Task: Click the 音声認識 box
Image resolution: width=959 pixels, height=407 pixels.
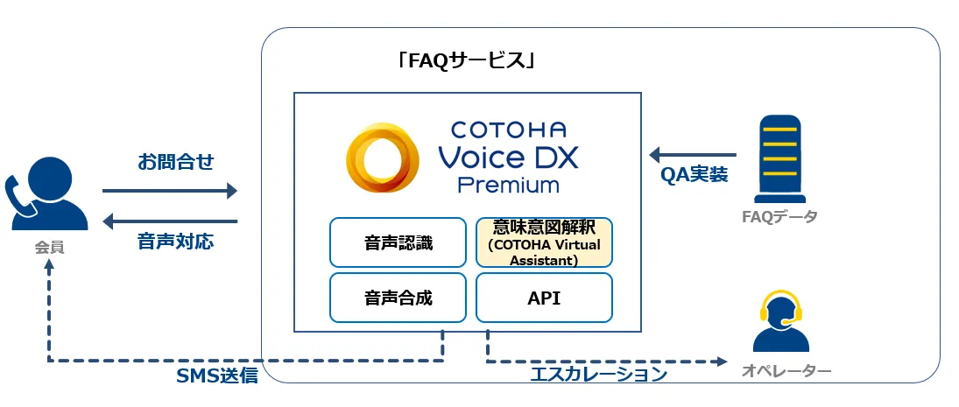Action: tap(398, 242)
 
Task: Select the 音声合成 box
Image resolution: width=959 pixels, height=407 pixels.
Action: tap(398, 298)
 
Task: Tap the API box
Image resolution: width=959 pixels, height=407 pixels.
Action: tap(544, 298)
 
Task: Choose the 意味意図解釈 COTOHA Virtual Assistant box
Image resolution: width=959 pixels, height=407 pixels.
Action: tap(544, 242)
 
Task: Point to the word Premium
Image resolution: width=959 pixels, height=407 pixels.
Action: tap(509, 185)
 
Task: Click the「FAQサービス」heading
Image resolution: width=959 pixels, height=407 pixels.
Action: tap(466, 62)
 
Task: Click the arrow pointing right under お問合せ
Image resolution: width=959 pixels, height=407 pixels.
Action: tap(170, 190)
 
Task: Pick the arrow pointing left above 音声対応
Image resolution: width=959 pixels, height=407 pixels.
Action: tap(170, 221)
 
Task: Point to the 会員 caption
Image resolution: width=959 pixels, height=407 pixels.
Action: tap(50, 249)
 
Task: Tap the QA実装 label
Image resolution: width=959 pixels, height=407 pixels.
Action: tap(695, 174)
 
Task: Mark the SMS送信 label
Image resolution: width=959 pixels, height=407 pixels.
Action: tap(217, 375)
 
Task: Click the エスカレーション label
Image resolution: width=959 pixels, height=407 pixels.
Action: tap(599, 375)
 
